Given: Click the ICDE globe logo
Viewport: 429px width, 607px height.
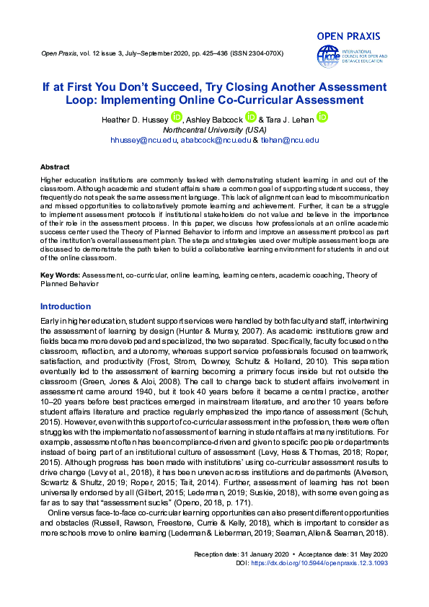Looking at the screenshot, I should point(327,56).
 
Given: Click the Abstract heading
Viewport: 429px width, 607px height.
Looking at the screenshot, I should point(55,166).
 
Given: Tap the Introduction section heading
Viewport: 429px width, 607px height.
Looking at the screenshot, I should point(66,306).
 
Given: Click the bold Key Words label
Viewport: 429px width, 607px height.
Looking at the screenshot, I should point(60,275).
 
